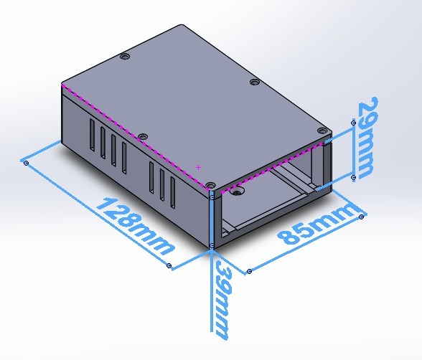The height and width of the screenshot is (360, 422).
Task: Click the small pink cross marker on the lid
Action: coord(198,167)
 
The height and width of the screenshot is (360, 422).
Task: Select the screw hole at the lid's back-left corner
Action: coord(126,55)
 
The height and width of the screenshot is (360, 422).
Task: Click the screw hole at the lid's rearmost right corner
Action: coord(254,82)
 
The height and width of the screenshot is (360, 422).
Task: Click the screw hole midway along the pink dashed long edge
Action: coord(142,136)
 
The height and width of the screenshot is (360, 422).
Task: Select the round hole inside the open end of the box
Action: coord(239,193)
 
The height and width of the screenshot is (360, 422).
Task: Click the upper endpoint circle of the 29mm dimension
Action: coord(353,123)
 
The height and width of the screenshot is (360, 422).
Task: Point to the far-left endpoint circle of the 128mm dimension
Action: coord(27,164)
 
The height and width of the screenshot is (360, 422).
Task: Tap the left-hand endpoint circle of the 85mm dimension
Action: coord(249,271)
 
